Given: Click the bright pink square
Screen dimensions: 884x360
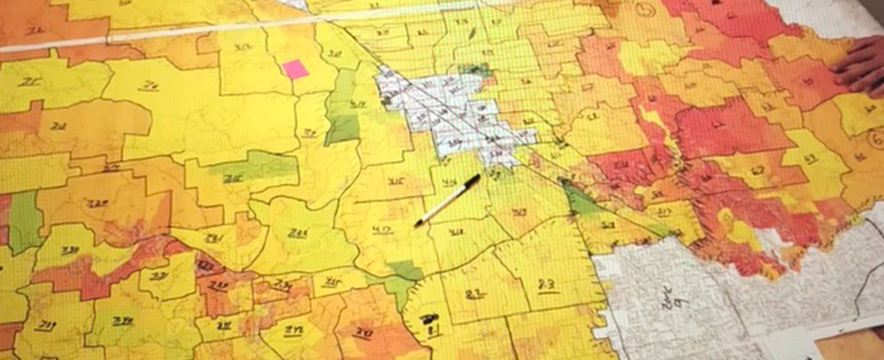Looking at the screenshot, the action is tap(295, 69).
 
